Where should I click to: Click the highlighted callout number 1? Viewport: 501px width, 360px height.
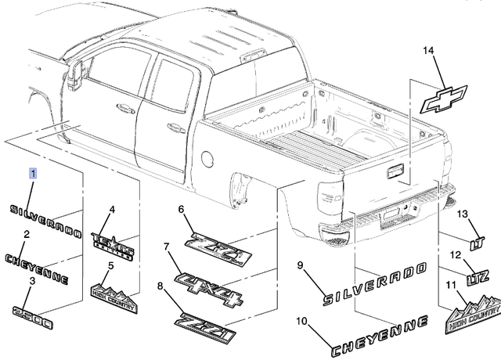tap(33, 172)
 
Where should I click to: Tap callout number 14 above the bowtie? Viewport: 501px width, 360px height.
tap(427, 52)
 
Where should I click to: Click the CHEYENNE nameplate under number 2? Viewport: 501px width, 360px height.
tap(37, 267)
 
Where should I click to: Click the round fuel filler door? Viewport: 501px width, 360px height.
tap(207, 157)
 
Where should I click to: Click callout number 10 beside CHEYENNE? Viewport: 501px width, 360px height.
tap(302, 321)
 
